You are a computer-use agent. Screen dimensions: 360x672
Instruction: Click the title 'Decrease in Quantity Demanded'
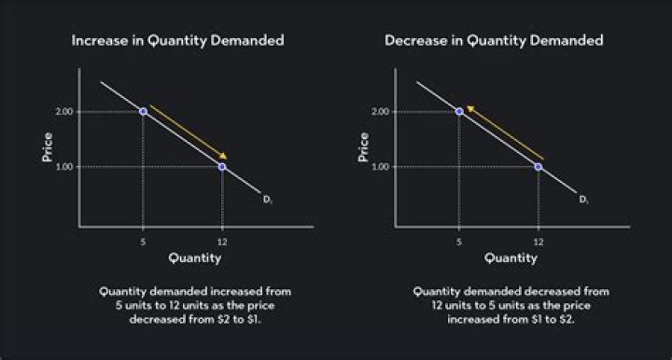click(494, 40)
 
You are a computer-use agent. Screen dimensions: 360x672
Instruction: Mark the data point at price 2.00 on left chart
click(143, 111)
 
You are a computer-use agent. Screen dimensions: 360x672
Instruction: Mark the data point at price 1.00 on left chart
click(221, 167)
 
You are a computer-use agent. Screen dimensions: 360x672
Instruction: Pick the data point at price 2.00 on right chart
click(459, 111)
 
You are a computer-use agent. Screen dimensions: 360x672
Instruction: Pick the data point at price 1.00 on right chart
click(538, 167)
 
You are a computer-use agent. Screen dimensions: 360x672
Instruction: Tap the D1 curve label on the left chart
click(268, 199)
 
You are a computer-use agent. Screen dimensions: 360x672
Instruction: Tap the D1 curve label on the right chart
click(584, 199)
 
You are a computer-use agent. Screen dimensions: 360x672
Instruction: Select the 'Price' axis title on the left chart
click(47, 147)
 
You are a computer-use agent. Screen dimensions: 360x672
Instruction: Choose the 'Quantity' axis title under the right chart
click(510, 257)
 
